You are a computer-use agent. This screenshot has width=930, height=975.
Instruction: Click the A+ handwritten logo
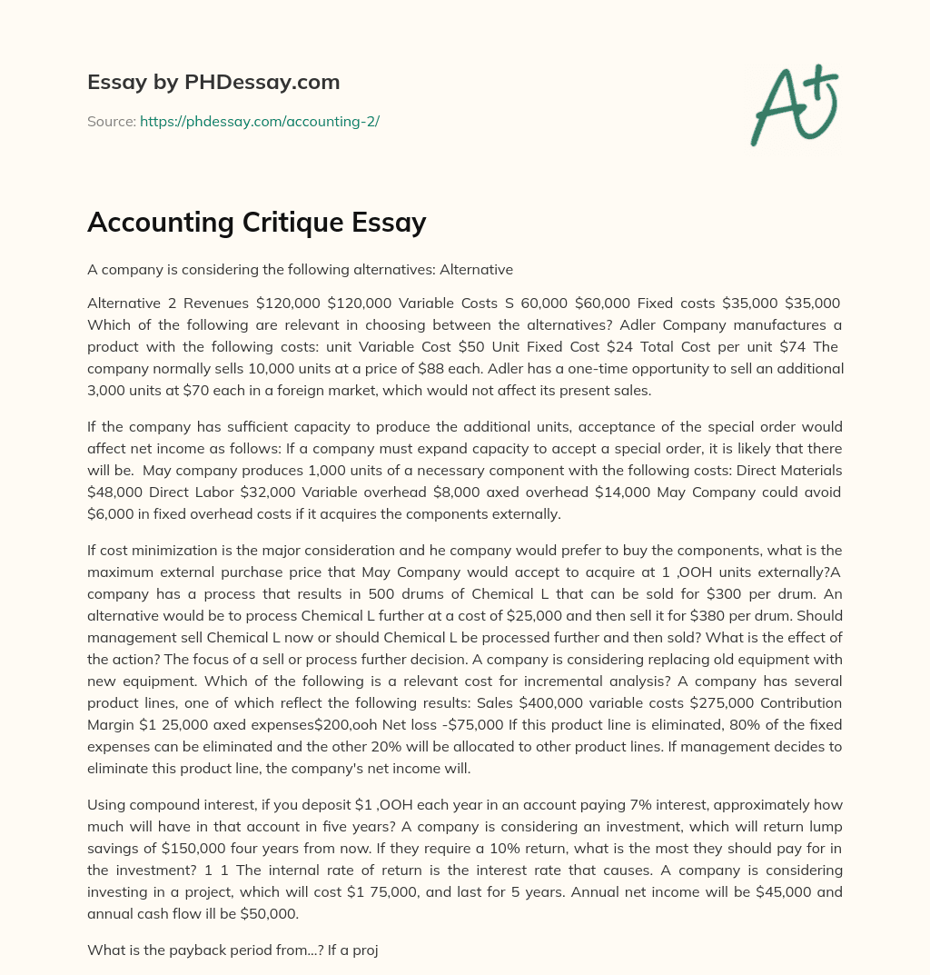click(793, 105)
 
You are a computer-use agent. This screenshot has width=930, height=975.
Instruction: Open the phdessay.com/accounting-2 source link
click(259, 121)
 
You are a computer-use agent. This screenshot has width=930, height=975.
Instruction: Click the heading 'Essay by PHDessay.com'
click(213, 83)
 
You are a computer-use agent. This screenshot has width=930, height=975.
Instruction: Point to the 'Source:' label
click(111, 121)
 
